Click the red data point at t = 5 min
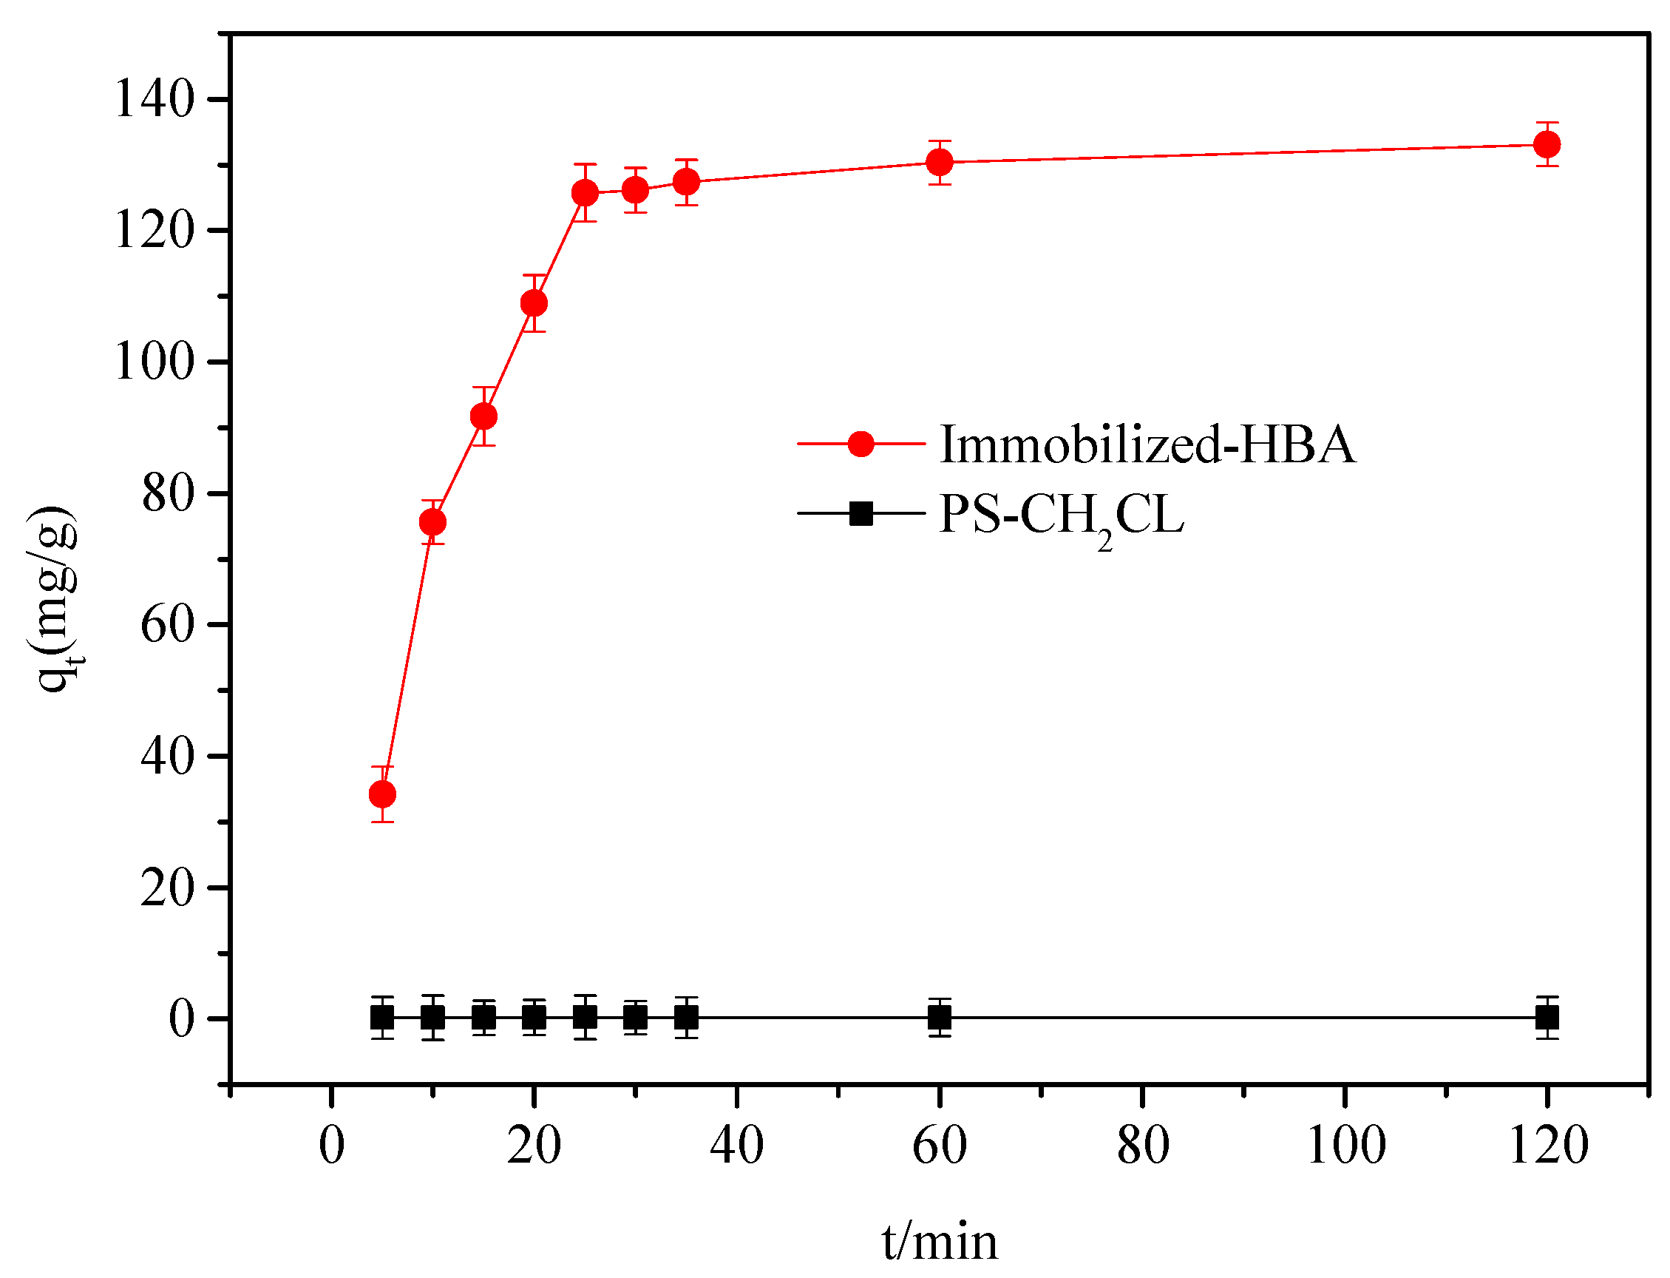381,794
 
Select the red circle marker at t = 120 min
1547,143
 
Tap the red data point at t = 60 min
940,162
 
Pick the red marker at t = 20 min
534,303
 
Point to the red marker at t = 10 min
432,522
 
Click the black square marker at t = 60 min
940,1017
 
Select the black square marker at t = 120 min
1547,1017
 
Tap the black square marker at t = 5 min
381,1017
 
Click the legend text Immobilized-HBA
1147,444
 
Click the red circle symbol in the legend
861,444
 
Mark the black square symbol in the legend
861,513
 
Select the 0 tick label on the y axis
182,1018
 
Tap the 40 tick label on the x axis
736,1145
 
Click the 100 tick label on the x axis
1345,1145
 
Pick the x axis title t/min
940,1242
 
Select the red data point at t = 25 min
585,193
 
